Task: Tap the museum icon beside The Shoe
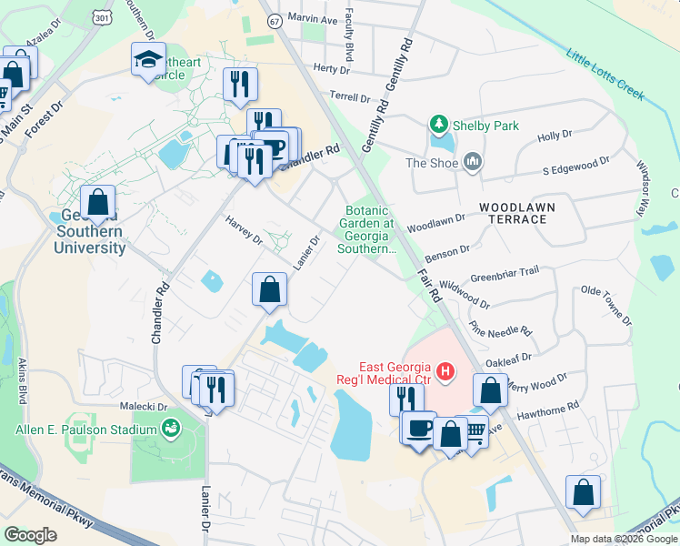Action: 472,163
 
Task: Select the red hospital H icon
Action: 445,371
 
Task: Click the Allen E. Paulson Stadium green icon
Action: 170,427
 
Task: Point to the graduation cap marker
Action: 148,59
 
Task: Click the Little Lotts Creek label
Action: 605,76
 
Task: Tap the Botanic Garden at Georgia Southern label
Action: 368,228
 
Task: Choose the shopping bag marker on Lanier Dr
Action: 269,289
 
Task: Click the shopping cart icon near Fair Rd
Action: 474,432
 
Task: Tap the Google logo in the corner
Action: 30,534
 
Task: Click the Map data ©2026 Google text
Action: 624,539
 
